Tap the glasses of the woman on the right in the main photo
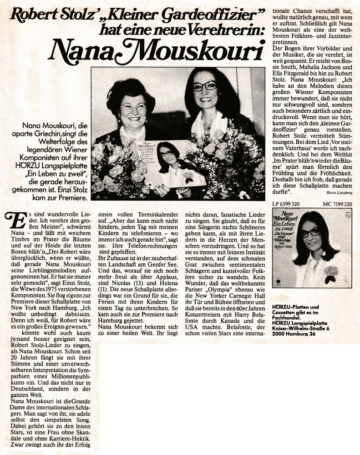[204, 86]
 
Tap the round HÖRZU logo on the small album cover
[279, 282]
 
